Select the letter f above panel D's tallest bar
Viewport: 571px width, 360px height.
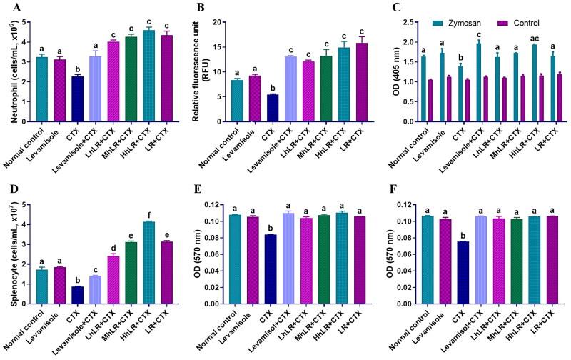[148, 214]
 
